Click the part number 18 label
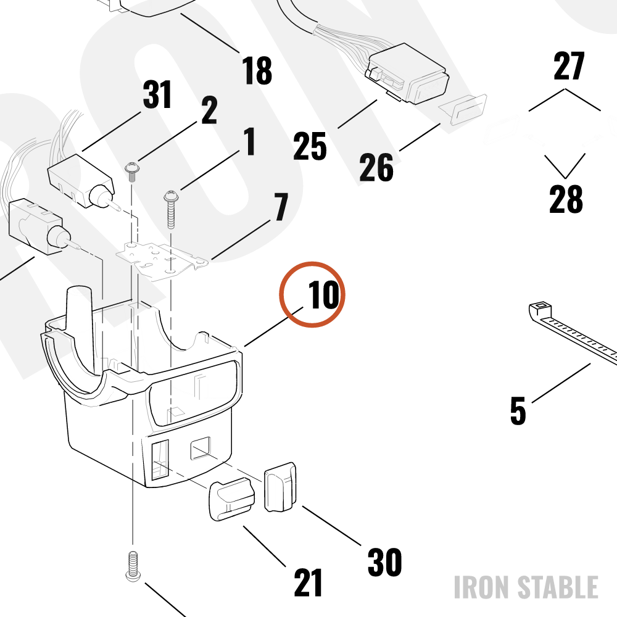(257, 70)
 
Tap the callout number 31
(157, 94)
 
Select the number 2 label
(209, 110)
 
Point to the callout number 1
(249, 141)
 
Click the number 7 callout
(281, 207)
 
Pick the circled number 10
(323, 294)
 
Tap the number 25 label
(310, 146)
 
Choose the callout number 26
(376, 167)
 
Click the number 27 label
(569, 66)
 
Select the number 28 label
(566, 199)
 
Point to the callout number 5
(518, 411)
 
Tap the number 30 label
(384, 562)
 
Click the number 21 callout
(308, 583)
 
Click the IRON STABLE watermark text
(526, 587)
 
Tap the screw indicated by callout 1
(171, 209)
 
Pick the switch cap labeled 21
(231, 499)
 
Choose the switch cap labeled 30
(280, 487)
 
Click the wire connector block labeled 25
(407, 73)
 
